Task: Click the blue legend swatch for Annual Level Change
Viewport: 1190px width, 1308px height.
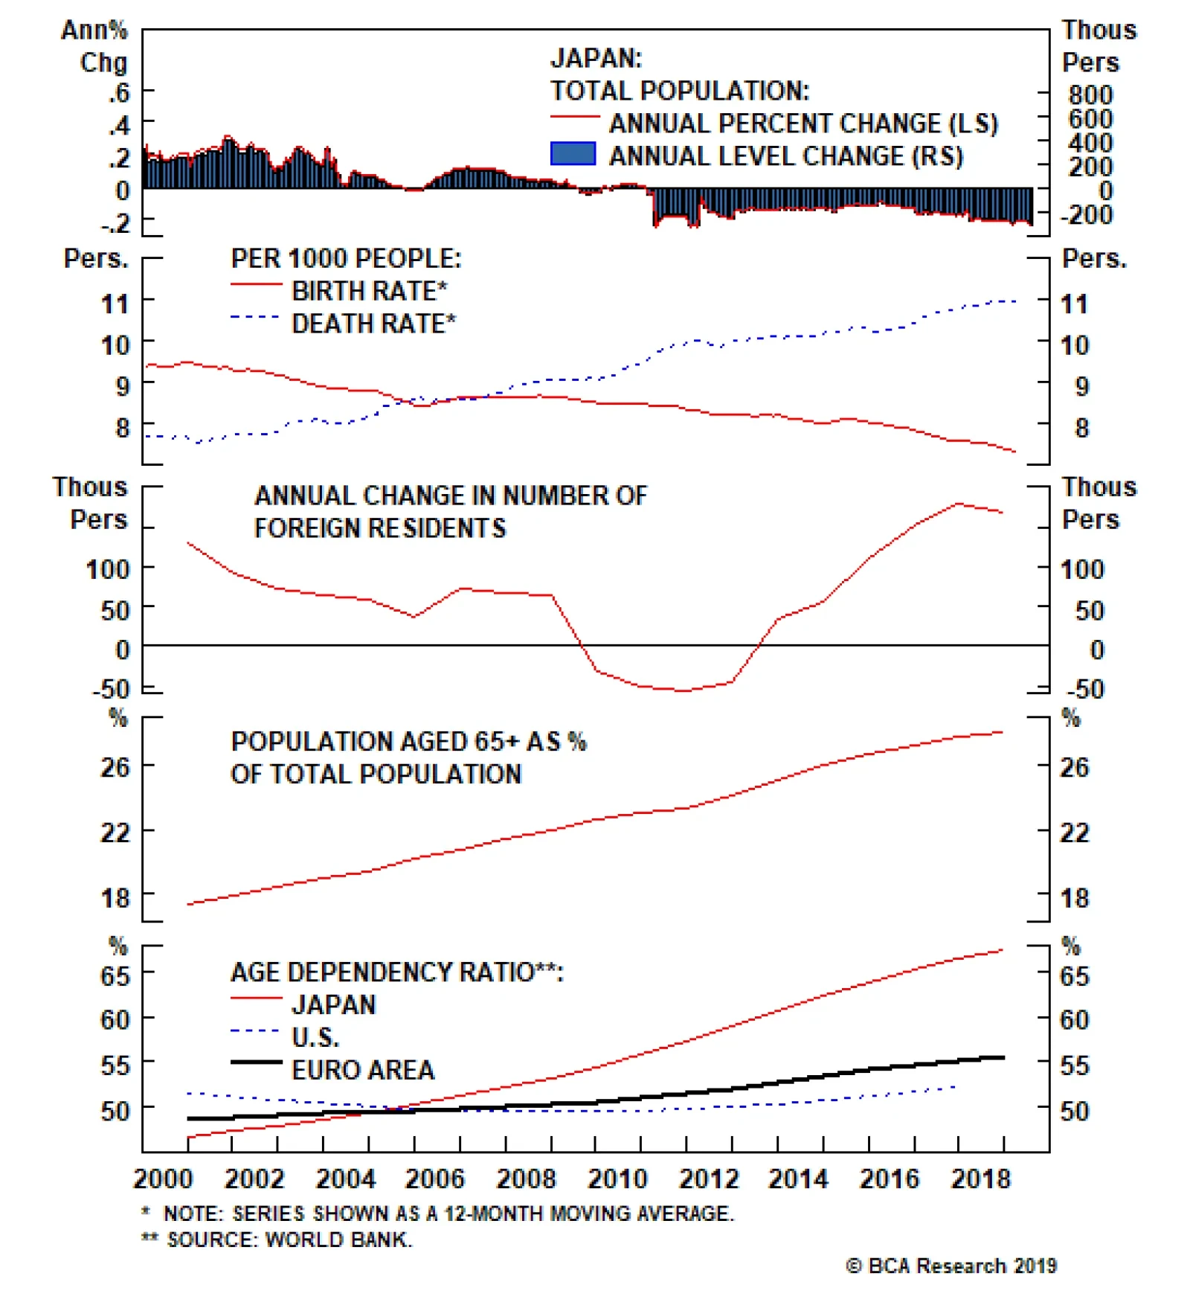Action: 573,154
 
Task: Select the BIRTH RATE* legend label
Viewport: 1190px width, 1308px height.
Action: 369,291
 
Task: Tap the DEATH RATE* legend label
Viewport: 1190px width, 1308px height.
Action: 373,324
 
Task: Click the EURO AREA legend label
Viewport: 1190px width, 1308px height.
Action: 363,1070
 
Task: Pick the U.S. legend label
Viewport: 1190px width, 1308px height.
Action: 315,1037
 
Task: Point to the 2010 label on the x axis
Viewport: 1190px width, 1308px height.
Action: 617,1179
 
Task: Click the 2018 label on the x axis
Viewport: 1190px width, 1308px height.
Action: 980,1179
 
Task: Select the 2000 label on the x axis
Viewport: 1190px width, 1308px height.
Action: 163,1179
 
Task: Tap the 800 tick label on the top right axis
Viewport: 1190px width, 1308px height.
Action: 1090,95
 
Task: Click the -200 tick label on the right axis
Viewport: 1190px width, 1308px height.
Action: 1086,215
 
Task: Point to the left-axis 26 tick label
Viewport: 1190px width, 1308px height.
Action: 115,767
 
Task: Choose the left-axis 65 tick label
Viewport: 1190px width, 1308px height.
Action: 115,975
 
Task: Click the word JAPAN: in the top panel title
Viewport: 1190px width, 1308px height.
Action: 596,58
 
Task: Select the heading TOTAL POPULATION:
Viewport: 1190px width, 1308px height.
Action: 679,91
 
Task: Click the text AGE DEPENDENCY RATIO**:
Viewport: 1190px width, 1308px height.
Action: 397,972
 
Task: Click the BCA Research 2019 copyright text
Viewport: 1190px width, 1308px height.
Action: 951,1266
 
